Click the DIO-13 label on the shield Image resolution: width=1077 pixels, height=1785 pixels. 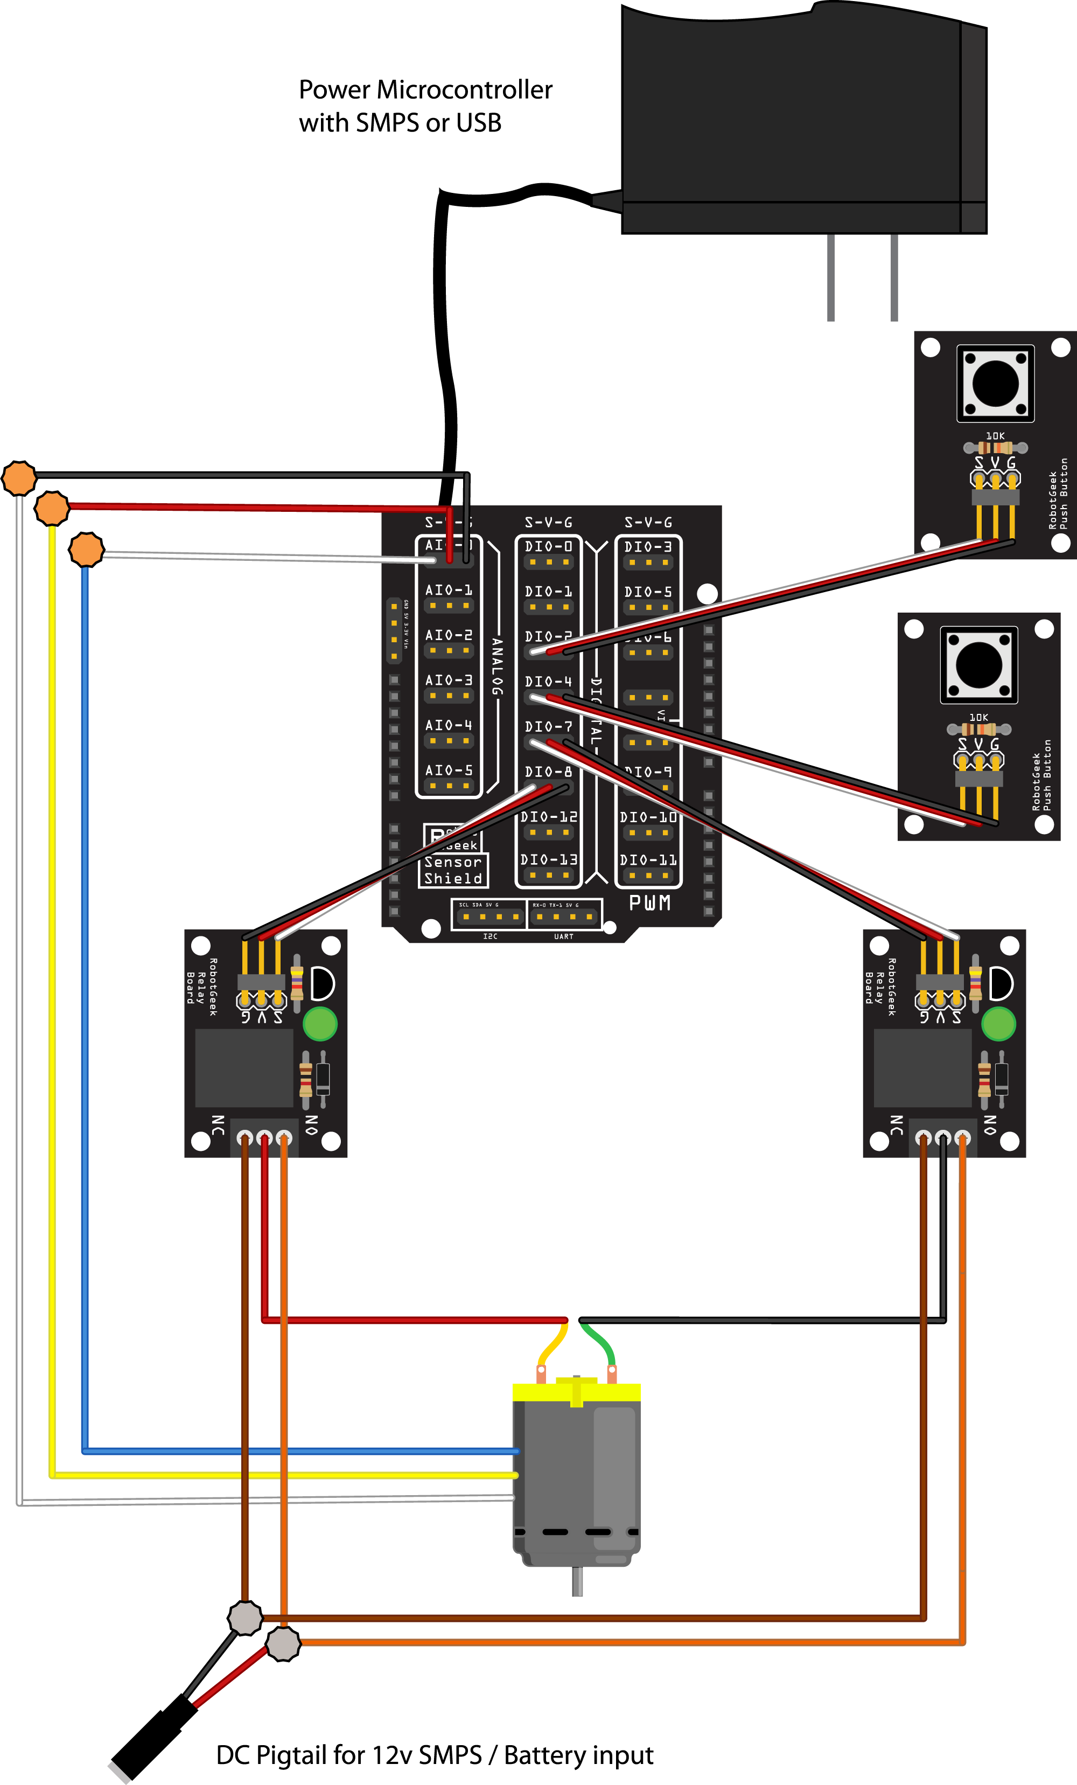pyautogui.click(x=548, y=860)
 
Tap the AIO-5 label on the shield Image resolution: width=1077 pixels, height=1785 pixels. pyautogui.click(x=449, y=770)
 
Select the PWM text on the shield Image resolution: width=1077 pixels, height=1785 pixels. pyautogui.click(x=649, y=902)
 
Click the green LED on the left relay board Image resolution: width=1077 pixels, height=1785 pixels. pyautogui.click(x=319, y=1024)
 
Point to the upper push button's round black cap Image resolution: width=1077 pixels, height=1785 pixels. pyautogui.click(x=995, y=383)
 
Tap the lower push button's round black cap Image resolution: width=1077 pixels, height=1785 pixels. pyautogui.click(x=978, y=664)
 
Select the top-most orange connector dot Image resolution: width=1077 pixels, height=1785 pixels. pyautogui.click(x=19, y=478)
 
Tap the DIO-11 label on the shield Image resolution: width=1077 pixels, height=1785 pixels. pyautogui.click(x=648, y=860)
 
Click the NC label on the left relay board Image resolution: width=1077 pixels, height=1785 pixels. pyautogui.click(x=217, y=1125)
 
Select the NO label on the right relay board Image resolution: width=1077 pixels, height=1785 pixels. pyautogui.click(x=990, y=1125)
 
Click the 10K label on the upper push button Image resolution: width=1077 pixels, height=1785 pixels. pyautogui.click(x=995, y=436)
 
